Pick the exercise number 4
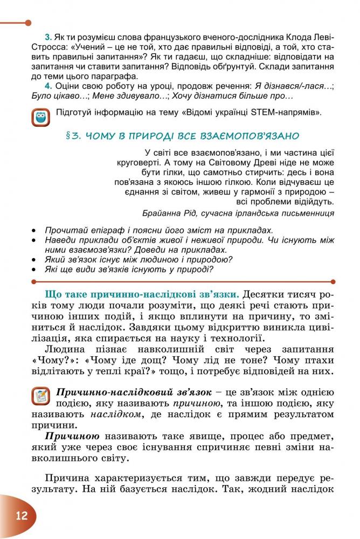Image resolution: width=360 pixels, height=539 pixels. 48,86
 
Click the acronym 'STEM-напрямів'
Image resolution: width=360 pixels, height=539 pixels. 292,113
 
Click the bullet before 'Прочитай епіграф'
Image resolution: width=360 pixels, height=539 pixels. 34,231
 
